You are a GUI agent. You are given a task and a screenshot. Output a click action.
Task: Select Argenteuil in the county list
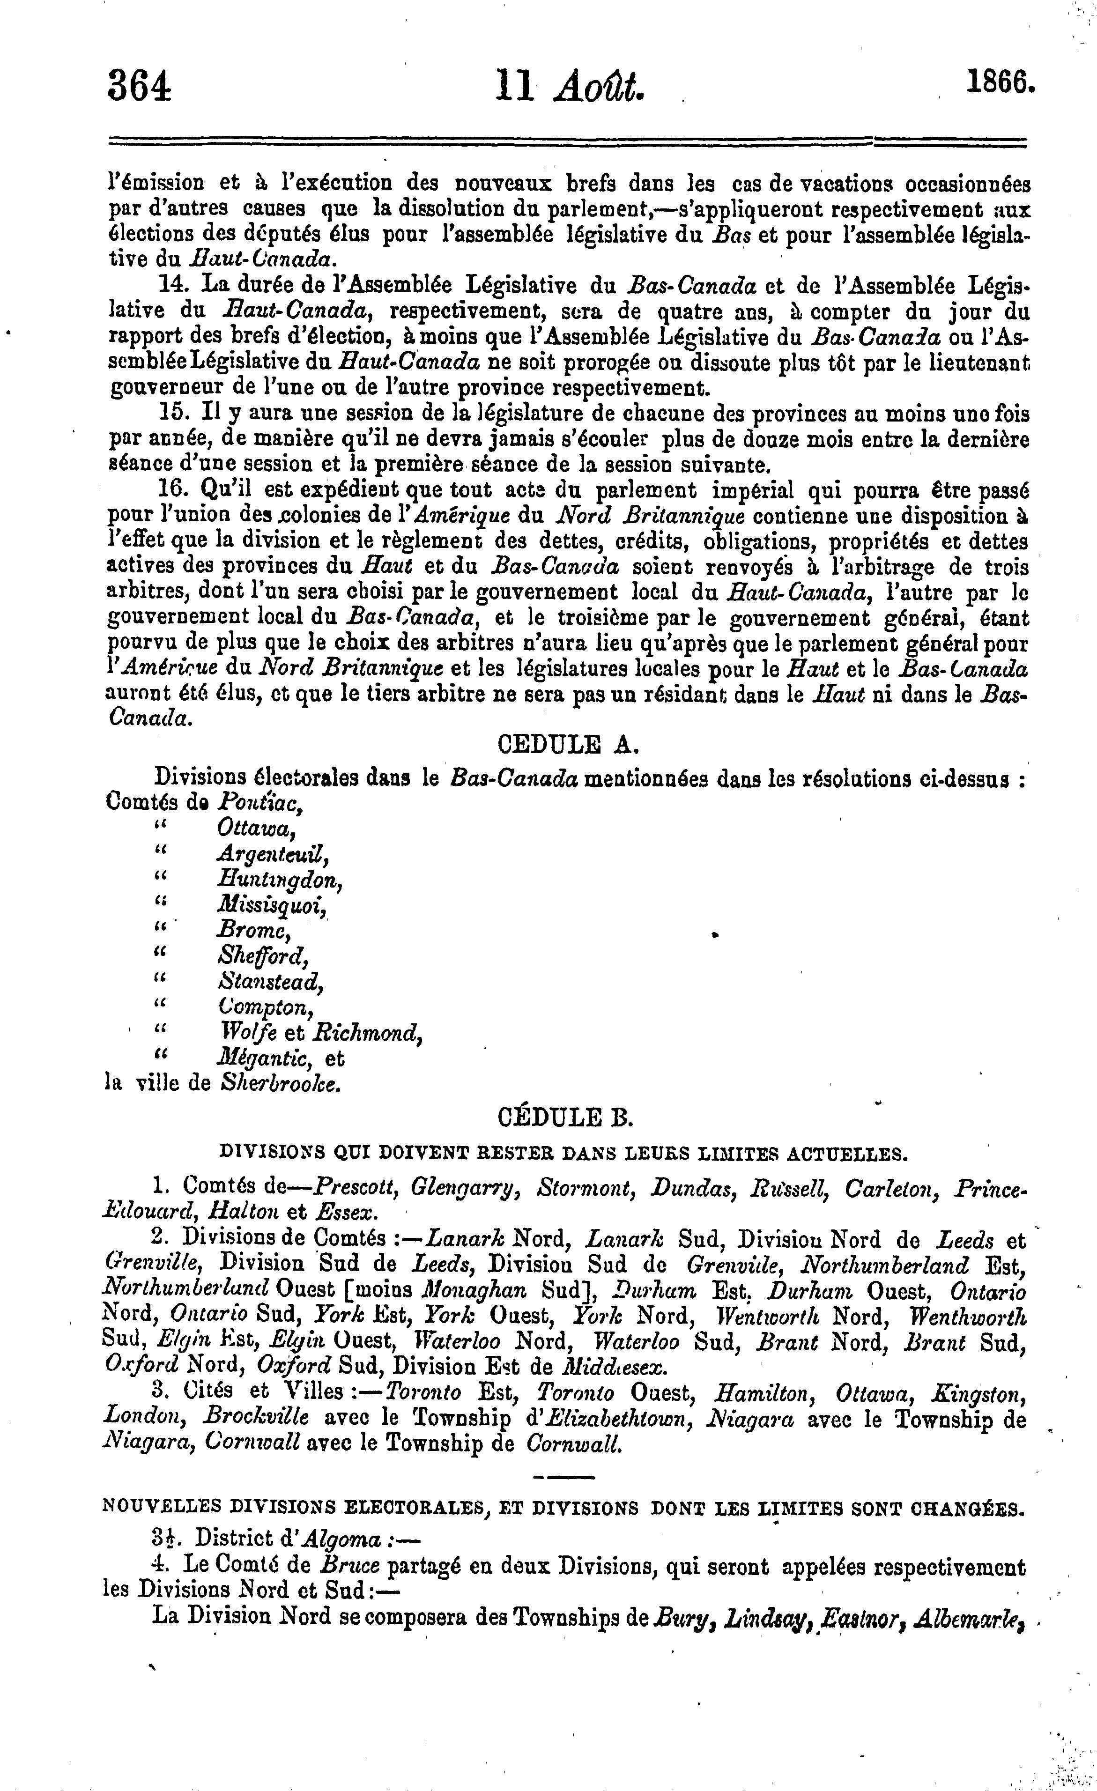[273, 853]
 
